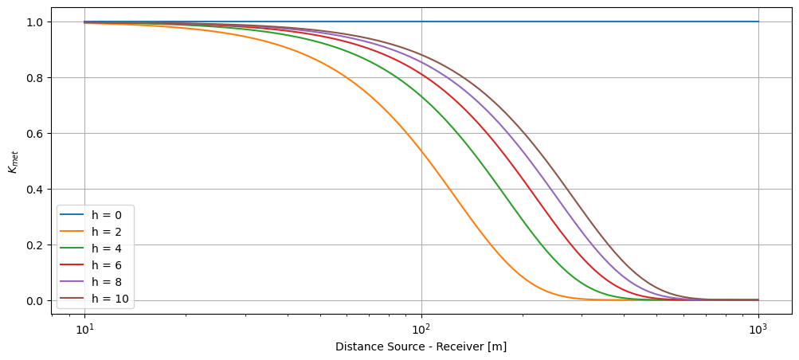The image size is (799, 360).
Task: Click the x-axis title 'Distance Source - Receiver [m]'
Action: [421, 347]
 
